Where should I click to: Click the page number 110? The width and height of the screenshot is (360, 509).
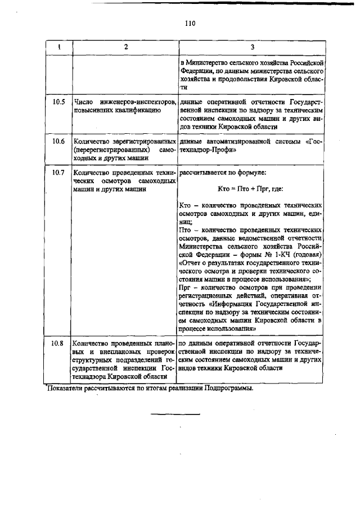190,23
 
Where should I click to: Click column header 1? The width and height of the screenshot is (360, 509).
59,47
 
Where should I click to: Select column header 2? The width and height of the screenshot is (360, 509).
125,47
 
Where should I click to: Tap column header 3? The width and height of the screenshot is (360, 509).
252,47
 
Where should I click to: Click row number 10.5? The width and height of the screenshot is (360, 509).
58,102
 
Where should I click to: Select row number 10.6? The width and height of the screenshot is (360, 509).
58,141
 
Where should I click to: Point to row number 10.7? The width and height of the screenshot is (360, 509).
58,172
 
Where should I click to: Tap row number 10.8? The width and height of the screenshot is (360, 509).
58,342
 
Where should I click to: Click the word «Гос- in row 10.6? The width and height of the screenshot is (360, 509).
313,141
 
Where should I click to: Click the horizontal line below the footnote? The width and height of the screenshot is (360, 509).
175,415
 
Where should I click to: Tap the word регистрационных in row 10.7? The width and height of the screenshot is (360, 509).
207,295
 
